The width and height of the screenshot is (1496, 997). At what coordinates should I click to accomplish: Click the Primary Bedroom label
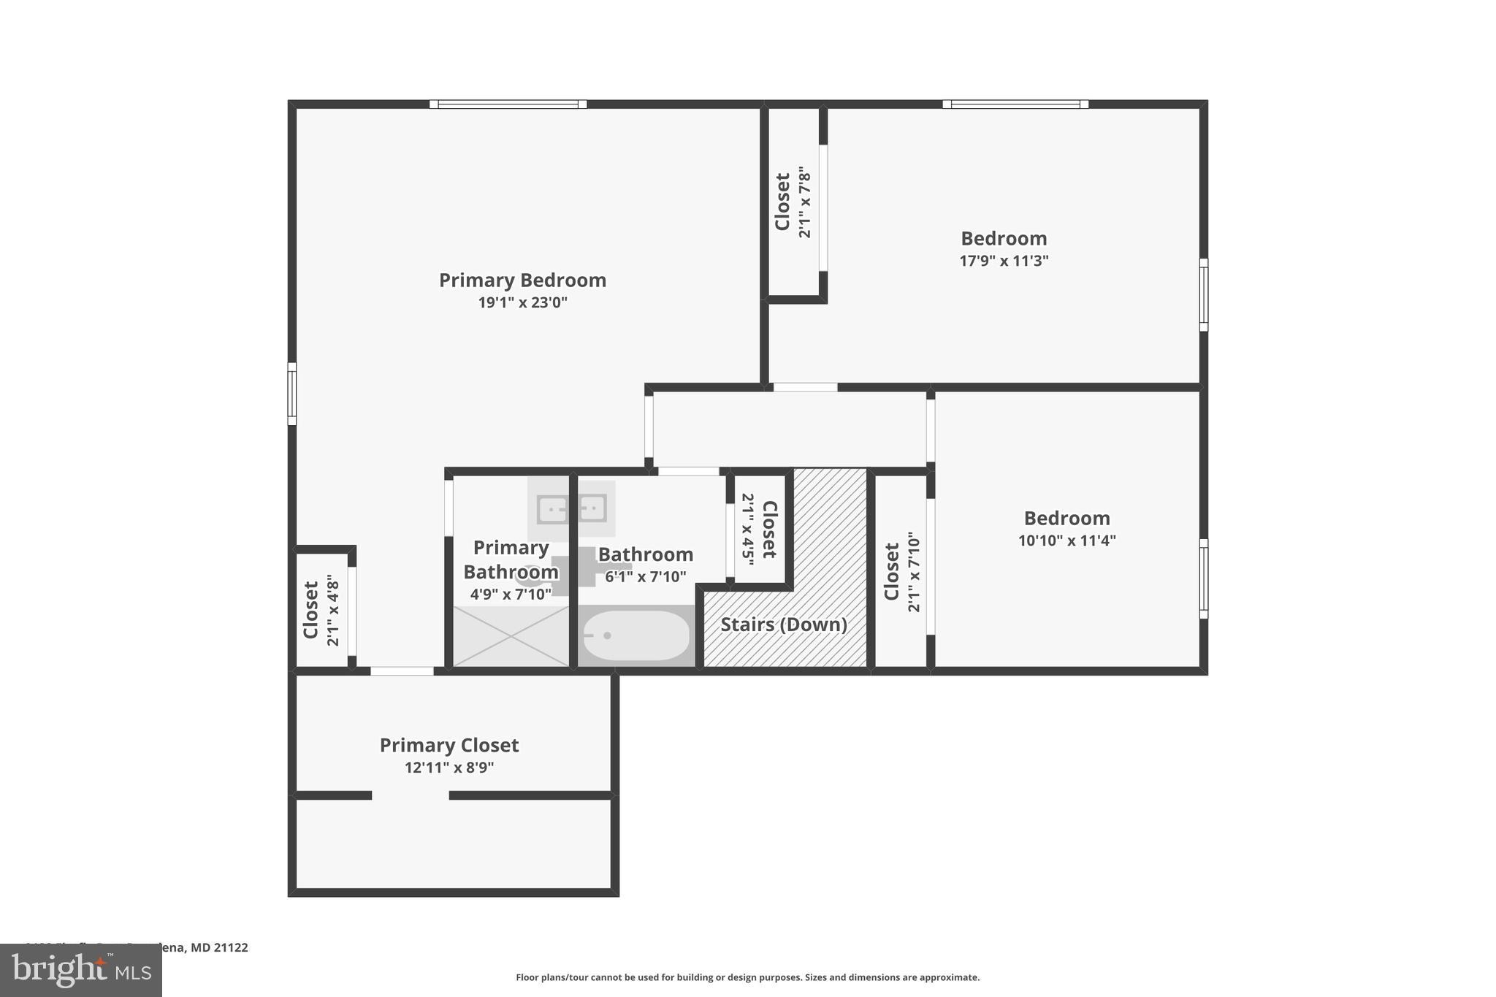tap(522, 280)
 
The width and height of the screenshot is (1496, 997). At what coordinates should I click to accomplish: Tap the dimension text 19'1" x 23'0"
tap(522, 302)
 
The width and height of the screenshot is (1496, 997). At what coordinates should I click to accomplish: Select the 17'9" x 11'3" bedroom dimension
tap(1004, 261)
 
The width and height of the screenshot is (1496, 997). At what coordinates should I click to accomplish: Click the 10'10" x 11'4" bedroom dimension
tap(1066, 540)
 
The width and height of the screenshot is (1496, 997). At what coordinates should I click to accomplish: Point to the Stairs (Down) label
tap(784, 624)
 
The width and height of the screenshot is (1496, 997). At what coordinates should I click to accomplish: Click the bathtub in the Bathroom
tap(636, 635)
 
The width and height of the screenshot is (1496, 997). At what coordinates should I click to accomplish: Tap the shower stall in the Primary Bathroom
tap(511, 635)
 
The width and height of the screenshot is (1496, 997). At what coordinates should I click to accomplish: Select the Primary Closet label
tap(449, 746)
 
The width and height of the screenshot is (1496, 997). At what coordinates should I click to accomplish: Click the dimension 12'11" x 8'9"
tap(449, 768)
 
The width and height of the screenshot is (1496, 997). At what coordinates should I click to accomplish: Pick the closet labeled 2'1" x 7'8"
tap(793, 202)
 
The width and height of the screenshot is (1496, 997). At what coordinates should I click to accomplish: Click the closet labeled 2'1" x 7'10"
tap(901, 571)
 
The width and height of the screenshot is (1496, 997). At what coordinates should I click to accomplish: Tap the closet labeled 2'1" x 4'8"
tap(321, 610)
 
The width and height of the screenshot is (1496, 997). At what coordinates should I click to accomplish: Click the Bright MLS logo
tap(80, 970)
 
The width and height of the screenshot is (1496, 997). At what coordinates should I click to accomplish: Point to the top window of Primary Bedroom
tap(508, 104)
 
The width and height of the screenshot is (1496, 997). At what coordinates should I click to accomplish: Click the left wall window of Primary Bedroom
tap(292, 394)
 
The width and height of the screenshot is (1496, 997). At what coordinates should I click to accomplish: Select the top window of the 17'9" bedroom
tap(1015, 104)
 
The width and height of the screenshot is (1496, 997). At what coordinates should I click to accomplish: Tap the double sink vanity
tap(571, 508)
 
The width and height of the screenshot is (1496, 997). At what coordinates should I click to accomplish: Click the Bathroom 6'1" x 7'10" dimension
tap(645, 577)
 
